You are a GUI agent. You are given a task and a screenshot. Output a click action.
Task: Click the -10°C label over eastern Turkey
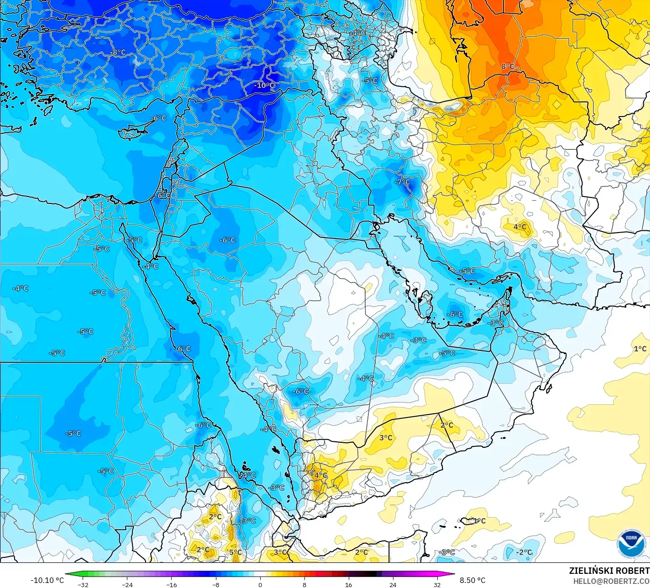[265, 85]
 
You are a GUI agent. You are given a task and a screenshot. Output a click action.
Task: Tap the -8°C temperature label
[119, 53]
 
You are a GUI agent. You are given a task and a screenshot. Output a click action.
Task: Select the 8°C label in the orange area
[508, 66]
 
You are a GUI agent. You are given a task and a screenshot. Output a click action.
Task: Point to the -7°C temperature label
[402, 182]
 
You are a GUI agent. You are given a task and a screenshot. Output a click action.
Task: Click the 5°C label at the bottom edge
[236, 552]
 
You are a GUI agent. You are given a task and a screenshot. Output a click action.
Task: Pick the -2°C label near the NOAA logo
[524, 552]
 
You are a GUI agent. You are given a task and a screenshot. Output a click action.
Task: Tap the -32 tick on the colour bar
[83, 584]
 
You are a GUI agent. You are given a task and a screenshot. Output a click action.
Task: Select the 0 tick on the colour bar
[260, 584]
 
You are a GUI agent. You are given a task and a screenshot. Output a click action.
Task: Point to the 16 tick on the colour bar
[349, 584]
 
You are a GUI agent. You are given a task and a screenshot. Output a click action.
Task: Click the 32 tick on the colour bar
[437, 584]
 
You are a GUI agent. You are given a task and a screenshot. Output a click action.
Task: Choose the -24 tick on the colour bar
[127, 584]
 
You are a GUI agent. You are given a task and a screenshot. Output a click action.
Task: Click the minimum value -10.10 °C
[47, 580]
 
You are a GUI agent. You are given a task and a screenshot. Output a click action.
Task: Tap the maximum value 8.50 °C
[472, 580]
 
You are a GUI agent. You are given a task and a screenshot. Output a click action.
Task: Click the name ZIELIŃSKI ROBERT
[609, 571]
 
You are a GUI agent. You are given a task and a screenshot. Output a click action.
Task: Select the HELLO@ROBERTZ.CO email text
[611, 581]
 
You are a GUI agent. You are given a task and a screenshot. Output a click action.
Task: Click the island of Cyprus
[133, 131]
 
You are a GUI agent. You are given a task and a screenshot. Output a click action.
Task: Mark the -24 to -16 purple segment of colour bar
[149, 574]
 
